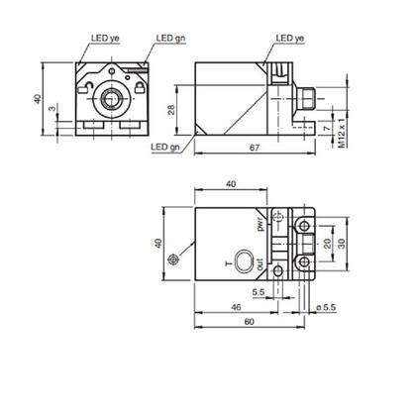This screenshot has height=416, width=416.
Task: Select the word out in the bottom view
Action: [x=261, y=265]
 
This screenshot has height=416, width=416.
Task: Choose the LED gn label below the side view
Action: [x=165, y=148]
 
